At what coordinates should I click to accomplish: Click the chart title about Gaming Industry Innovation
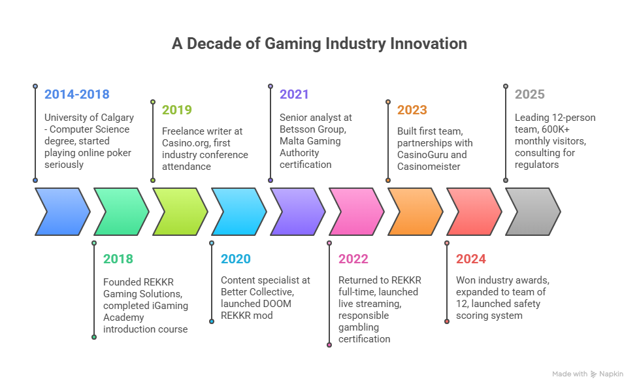pos(319,44)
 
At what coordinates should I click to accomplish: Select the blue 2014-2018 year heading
pos(76,95)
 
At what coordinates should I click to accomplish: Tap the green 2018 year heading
pos(118,259)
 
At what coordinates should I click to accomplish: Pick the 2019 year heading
pos(176,110)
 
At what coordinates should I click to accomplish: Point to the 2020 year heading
pos(235,259)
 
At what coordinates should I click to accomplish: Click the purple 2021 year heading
pos(294,95)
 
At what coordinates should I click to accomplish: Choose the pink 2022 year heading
pos(353,259)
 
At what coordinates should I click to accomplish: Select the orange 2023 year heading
pos(412,110)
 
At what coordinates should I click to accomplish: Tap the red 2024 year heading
pos(470,259)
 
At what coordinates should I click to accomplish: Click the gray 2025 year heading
pos(529,95)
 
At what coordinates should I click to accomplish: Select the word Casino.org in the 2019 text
pos(184,143)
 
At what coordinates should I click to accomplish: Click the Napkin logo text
pos(612,374)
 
